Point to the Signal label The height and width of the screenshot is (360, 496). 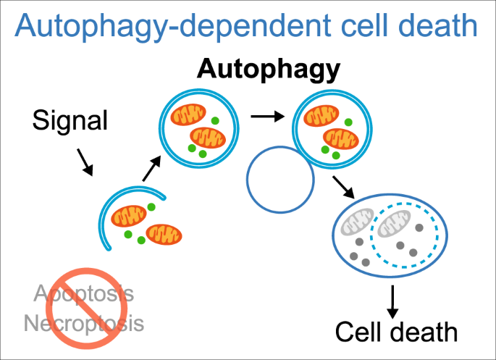click(70, 120)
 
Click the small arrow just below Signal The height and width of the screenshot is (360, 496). click(85, 163)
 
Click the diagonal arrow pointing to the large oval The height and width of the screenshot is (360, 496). click(342, 187)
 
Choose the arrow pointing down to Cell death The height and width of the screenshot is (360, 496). click(392, 301)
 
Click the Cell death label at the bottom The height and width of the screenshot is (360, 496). click(396, 332)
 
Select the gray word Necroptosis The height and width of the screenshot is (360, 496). click(84, 322)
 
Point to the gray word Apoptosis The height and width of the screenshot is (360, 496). click(85, 293)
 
